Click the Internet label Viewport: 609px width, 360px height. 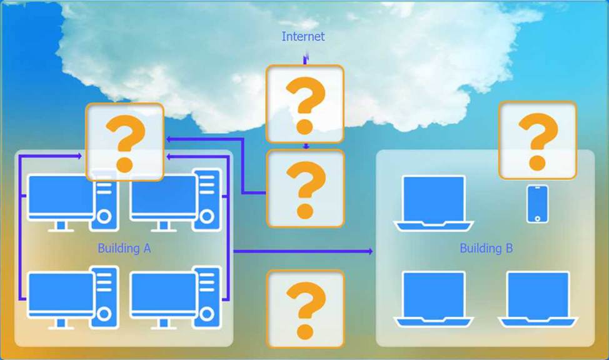pos(303,37)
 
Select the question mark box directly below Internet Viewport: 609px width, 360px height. pos(305,104)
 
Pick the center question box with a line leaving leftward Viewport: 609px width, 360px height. pos(305,188)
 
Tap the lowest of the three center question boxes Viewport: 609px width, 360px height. pos(305,309)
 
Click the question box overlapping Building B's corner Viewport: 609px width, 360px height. pos(537,141)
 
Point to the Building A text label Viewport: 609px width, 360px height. pos(124,249)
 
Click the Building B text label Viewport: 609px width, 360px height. pos(486,249)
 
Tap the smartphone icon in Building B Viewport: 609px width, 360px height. pos(537,204)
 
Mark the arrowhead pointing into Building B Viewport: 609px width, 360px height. pos(370,251)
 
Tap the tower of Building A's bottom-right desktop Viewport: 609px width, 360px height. pos(207,297)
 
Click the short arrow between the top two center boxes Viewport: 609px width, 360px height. pos(306,146)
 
